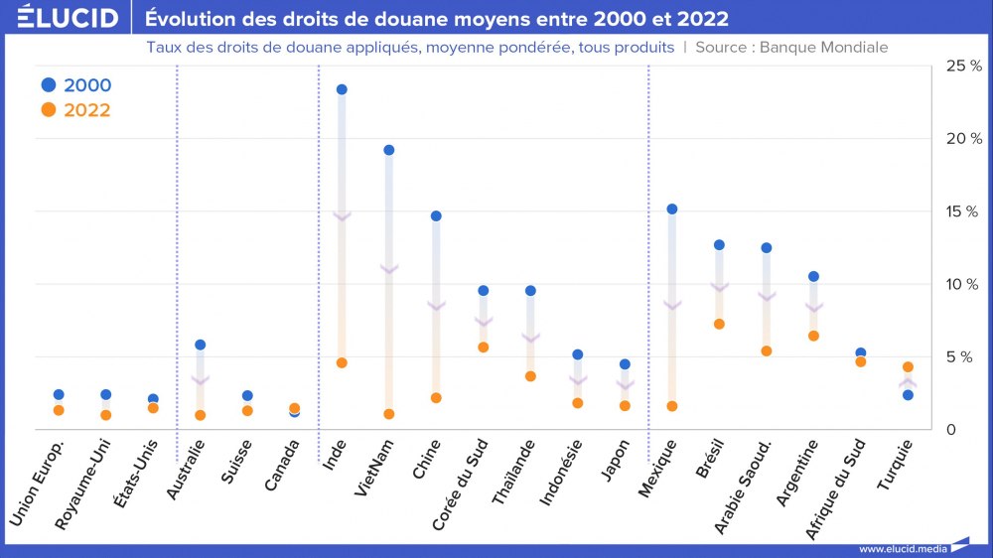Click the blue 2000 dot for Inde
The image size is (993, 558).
342,89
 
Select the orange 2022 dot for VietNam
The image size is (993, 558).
389,414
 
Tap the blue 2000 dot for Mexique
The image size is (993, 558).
672,209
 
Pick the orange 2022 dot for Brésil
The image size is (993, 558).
719,324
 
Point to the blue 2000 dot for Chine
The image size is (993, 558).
436,215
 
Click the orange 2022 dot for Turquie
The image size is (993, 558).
908,367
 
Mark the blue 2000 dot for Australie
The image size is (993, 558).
201,345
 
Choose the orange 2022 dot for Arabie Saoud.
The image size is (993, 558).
767,350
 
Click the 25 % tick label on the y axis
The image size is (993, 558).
963,66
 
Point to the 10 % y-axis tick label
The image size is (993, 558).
963,284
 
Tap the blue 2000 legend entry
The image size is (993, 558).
75,85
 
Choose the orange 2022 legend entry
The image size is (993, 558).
75,110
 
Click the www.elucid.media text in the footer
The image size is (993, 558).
901,548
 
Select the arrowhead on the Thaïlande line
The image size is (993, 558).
530,339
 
